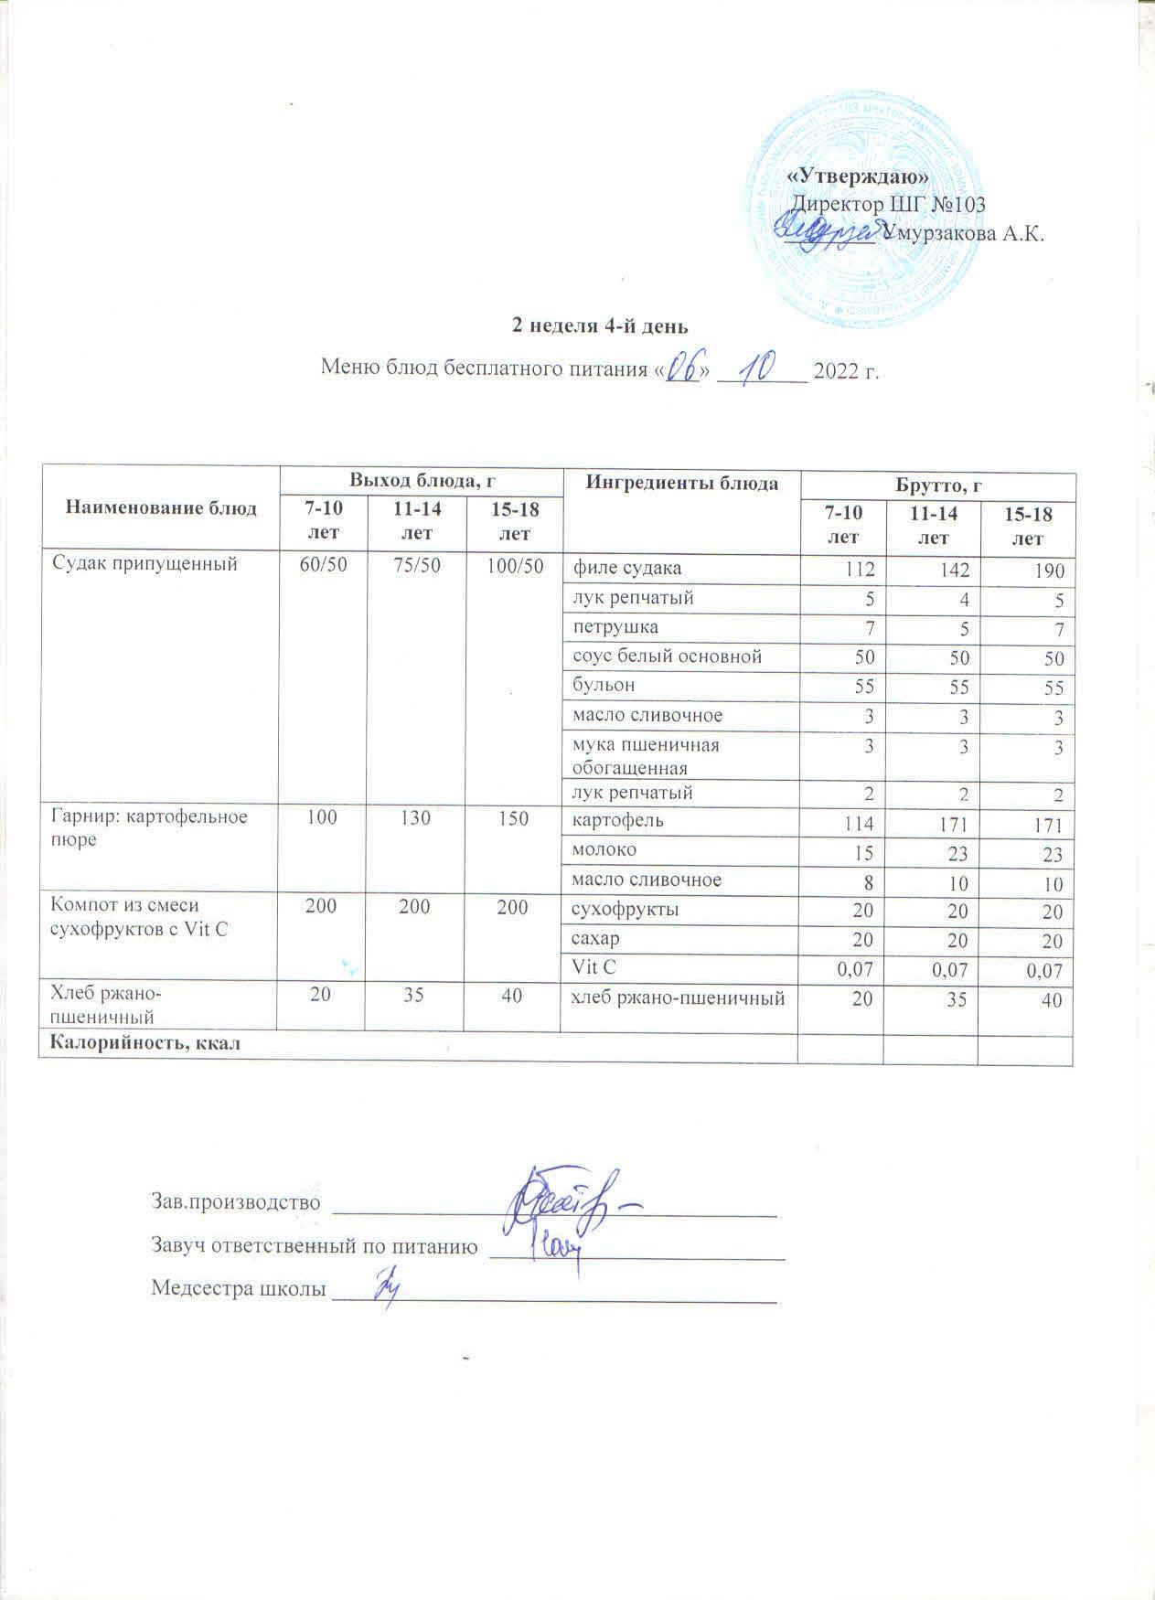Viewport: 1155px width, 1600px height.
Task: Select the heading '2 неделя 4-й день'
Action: point(599,326)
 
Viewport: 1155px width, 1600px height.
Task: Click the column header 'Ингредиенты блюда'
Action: point(682,483)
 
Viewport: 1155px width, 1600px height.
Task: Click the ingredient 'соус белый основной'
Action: point(667,656)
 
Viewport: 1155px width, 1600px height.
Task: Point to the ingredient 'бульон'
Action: point(604,685)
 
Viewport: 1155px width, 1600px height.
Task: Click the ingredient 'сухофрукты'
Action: point(625,910)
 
